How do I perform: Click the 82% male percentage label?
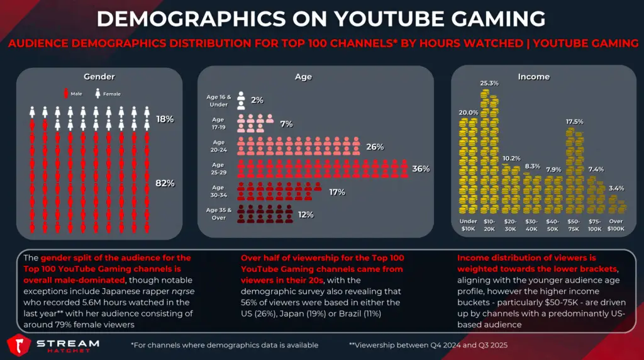165,183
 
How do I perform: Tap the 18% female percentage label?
165,118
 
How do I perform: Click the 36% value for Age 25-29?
421,169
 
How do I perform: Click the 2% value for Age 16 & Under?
257,100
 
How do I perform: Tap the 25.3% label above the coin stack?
489,83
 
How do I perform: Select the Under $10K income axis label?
468,225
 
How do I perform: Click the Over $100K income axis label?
616,225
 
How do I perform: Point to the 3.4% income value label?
616,188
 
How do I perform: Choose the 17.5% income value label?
574,121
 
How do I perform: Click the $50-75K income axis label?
574,225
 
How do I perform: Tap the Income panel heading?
533,77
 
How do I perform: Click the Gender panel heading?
99,77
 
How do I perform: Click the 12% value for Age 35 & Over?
306,215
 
